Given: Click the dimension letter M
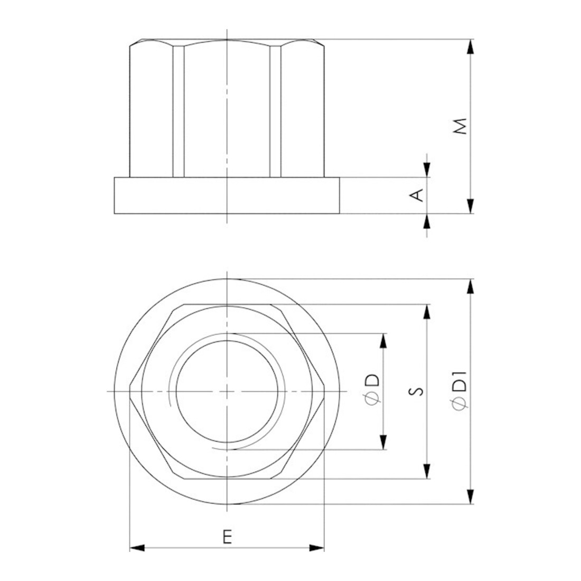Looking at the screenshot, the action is [460, 126].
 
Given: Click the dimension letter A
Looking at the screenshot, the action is [418, 195].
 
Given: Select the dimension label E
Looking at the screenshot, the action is [227, 537].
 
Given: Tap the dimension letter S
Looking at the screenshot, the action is [418, 391].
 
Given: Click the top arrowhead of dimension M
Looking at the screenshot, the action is [470, 46].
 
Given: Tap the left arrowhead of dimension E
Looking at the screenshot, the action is [137, 548].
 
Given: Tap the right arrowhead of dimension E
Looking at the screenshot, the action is [317, 548].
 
